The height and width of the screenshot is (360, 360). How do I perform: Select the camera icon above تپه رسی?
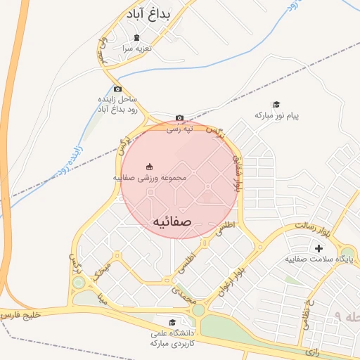179,118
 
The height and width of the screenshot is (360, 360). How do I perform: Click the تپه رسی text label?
179,129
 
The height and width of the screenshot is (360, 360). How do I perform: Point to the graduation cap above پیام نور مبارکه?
276,104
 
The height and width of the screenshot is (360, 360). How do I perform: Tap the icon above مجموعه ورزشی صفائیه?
149,167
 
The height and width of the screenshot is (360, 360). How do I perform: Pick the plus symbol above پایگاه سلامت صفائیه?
319,248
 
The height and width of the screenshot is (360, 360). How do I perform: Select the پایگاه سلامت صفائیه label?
319,259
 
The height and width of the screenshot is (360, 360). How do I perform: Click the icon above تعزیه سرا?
136,37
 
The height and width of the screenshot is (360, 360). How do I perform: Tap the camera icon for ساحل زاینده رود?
117,89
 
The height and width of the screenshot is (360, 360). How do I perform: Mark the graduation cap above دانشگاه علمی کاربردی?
174,322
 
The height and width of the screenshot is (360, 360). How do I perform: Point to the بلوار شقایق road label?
240,176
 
